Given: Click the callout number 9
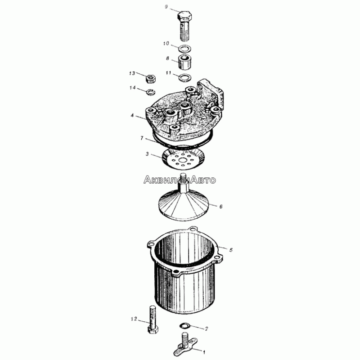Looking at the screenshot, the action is pyautogui.click(x=166, y=7).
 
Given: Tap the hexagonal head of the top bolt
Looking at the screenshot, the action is pyautogui.click(x=185, y=16).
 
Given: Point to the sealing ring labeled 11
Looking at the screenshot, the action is pyautogui.click(x=185, y=77).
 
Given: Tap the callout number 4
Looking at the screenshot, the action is pyautogui.click(x=132, y=115).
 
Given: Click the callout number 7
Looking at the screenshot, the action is pyautogui.click(x=142, y=138).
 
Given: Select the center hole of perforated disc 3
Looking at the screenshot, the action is pyautogui.click(x=183, y=160).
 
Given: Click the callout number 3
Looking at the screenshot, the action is pyautogui.click(x=147, y=154).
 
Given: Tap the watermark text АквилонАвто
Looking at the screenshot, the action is pyautogui.click(x=180, y=180).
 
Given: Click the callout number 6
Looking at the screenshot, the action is pyautogui.click(x=221, y=207).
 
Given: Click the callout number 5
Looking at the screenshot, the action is pyautogui.click(x=231, y=250).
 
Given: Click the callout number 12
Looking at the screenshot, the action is pyautogui.click(x=134, y=319).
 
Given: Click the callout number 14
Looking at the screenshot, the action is pyautogui.click(x=132, y=88).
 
